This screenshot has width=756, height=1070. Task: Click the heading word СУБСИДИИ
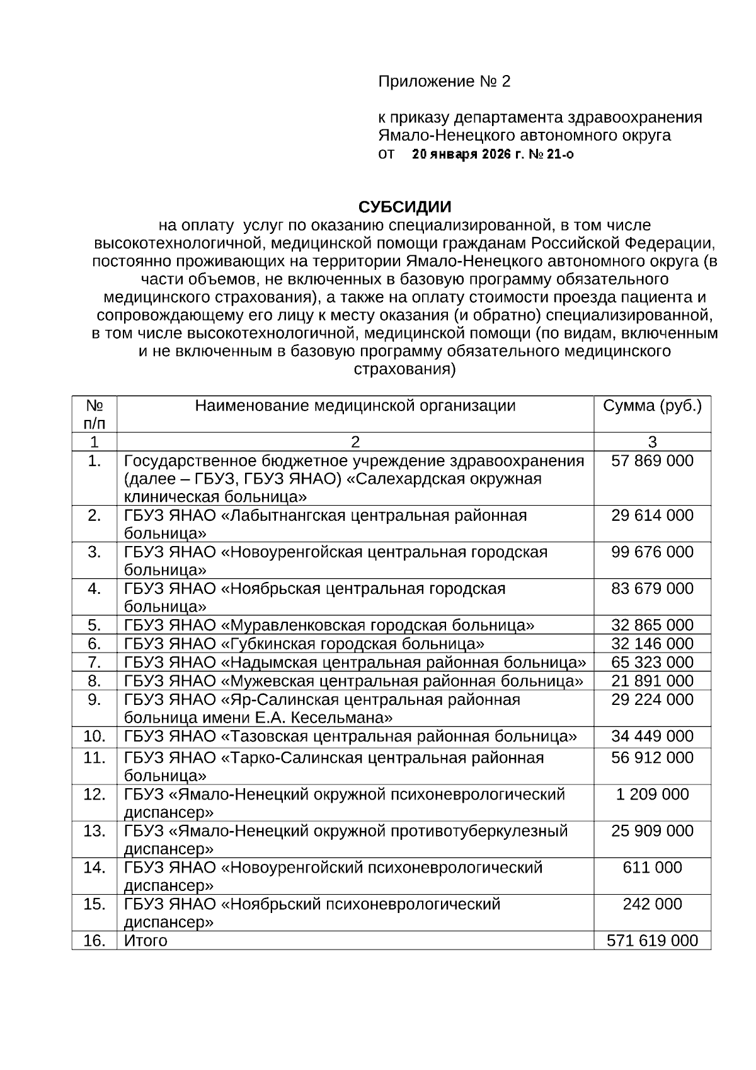click(404, 207)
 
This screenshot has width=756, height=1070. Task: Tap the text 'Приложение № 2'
click(444, 81)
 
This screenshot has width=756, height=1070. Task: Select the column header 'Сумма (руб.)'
click(652, 405)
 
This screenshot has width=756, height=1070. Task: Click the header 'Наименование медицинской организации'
click(355, 405)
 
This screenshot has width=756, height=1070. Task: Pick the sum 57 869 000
click(652, 461)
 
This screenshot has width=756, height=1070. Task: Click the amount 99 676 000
click(652, 552)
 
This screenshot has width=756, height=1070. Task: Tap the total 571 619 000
click(652, 941)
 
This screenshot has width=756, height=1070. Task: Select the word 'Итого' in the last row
click(146, 941)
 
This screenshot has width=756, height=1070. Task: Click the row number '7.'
click(94, 662)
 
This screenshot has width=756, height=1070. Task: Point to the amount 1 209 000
click(652, 794)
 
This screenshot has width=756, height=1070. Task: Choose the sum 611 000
click(652, 868)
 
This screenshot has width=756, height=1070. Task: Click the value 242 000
click(652, 904)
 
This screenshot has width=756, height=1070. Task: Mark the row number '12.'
click(94, 794)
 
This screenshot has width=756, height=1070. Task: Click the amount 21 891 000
click(652, 681)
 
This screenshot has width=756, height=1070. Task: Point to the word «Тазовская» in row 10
click(269, 736)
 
